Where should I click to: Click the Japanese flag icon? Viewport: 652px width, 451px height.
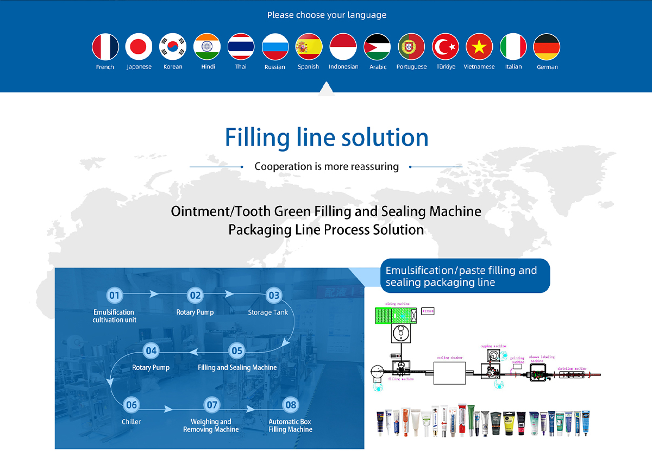coord(139,47)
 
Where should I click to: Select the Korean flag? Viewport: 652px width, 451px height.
coord(173,47)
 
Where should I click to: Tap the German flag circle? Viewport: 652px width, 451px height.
coord(547,47)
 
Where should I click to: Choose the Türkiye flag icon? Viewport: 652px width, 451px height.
coord(446,47)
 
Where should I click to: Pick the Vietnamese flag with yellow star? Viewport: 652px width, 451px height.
coord(479,47)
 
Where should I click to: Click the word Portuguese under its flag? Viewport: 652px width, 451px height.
coord(411,67)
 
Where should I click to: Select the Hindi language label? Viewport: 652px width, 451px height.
coord(208,67)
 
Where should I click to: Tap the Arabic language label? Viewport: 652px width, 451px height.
coord(378,67)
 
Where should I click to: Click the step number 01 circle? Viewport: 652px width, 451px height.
coord(114,296)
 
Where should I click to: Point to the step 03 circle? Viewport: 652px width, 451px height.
coord(273,296)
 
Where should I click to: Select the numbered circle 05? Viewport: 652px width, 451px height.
coord(237,350)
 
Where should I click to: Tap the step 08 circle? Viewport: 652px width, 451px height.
coord(291,404)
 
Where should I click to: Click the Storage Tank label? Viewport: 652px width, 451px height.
coord(268,312)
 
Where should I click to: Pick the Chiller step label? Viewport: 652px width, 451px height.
coord(131,422)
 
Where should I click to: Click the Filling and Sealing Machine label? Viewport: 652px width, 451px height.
coord(237,367)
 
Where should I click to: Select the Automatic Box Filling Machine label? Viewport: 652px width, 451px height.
coord(291,425)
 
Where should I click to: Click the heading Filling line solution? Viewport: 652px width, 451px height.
coord(327,137)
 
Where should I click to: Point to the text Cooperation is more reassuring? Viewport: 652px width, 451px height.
coord(327,167)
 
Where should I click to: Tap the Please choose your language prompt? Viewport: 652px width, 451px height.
coord(327,15)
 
